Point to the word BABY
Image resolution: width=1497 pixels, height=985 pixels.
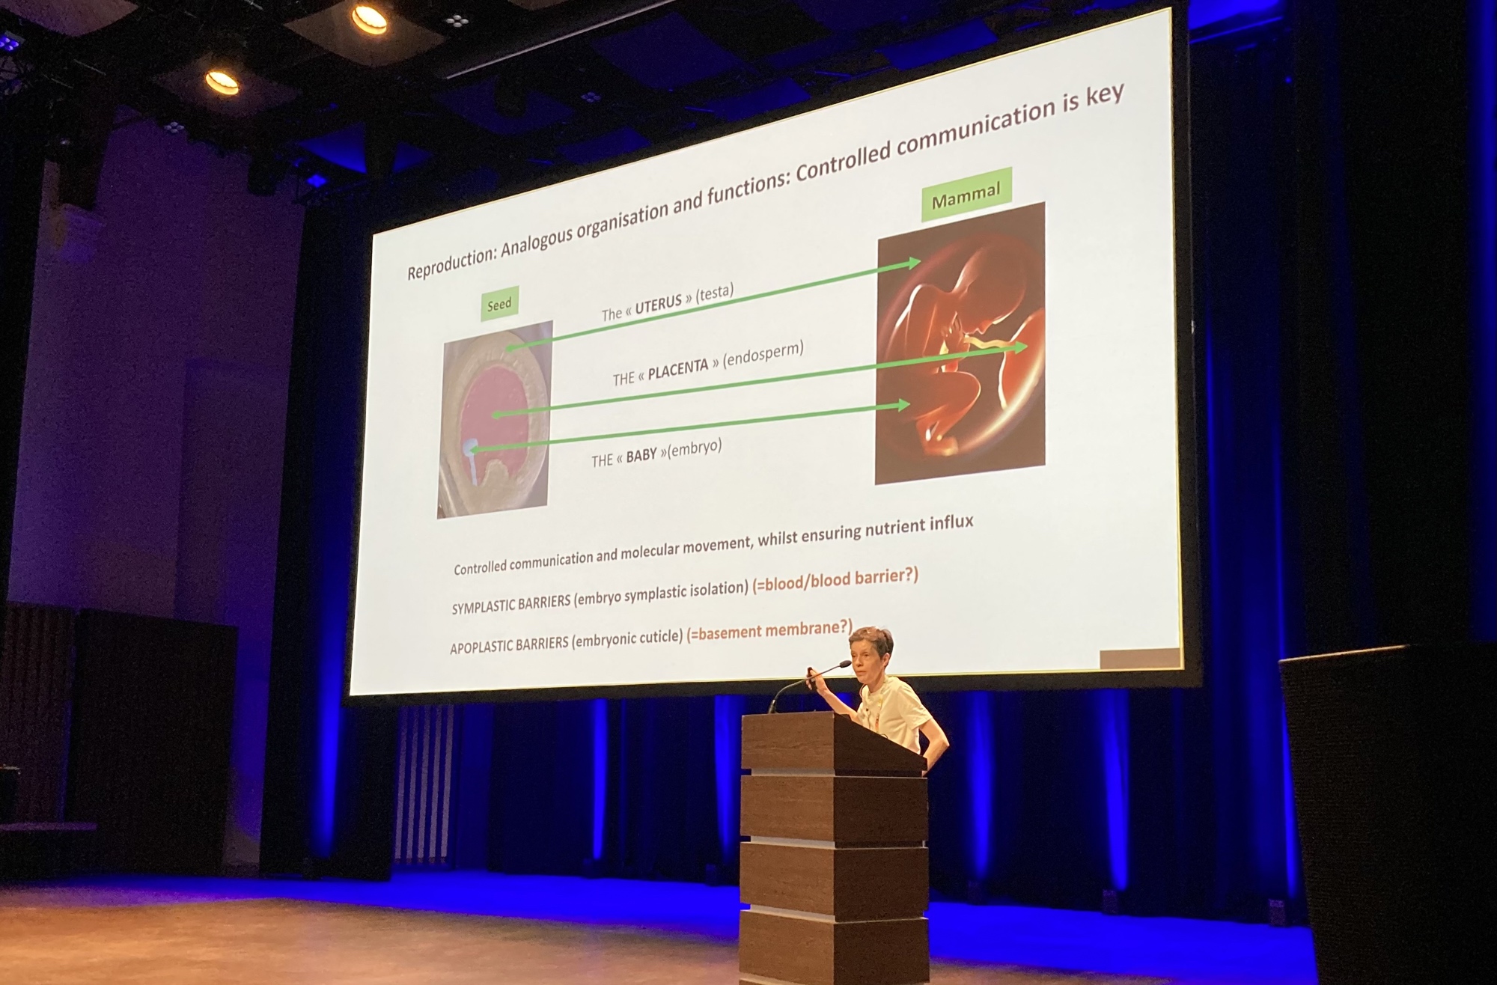click(641, 455)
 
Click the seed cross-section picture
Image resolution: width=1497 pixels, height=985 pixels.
click(495, 419)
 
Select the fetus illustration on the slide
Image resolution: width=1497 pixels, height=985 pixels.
click(961, 343)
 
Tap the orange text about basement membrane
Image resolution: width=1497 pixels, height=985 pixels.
click(769, 631)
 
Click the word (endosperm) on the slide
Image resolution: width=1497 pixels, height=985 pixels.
click(763, 353)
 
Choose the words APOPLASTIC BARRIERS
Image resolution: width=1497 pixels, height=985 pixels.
click(509, 644)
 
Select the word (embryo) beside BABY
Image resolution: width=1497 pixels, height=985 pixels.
click(694, 448)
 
